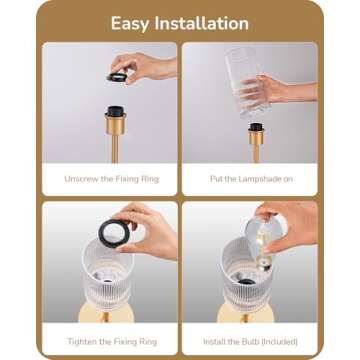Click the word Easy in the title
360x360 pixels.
[130, 24]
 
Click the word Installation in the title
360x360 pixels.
[201, 23]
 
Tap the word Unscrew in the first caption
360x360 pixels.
[81, 179]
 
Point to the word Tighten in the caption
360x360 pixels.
[82, 342]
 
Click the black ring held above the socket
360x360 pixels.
[117, 77]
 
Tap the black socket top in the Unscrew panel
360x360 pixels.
[116, 111]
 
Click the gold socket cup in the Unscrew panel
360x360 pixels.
[116, 124]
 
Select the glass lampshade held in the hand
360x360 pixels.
[246, 83]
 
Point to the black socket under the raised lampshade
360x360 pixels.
[256, 127]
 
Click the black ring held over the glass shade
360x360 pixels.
[114, 233]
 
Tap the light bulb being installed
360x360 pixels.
[264, 241]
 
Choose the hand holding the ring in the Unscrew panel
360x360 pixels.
[144, 67]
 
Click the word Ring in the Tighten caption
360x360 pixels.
[148, 342]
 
